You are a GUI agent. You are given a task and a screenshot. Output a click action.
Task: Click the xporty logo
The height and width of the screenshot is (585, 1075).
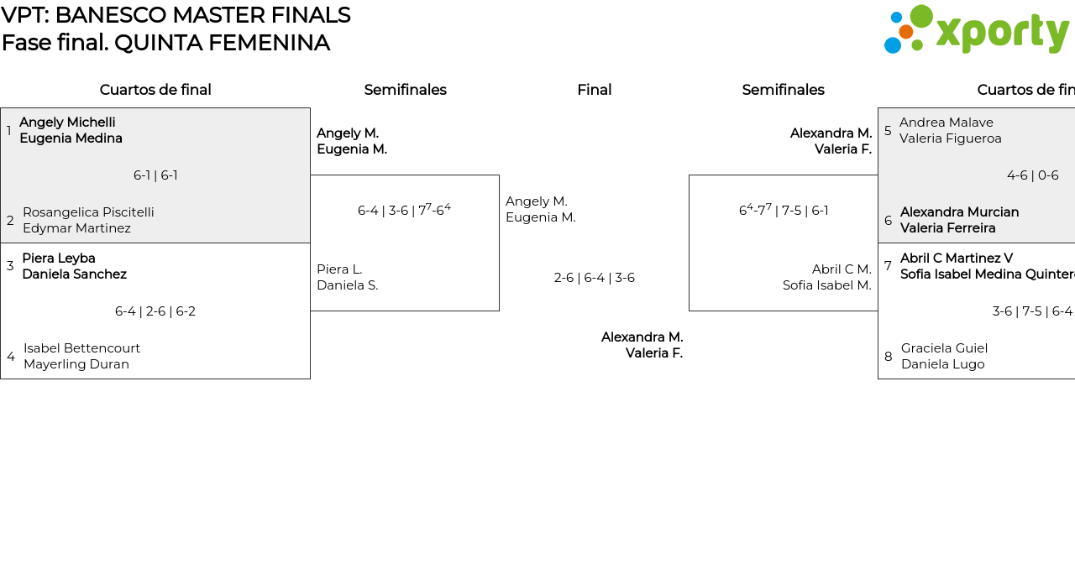[x=976, y=30]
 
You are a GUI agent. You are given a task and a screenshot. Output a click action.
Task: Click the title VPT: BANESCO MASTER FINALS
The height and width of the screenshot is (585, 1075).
[x=176, y=15]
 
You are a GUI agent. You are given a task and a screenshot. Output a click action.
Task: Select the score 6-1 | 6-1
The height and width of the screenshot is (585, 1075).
[x=155, y=175]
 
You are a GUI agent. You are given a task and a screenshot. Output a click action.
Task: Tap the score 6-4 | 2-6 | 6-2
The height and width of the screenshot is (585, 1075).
[x=155, y=311]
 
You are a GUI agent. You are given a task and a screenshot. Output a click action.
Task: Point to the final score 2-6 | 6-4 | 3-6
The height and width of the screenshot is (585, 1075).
[x=594, y=278]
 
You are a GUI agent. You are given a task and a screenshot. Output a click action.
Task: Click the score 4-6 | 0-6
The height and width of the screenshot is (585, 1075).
[x=1032, y=175]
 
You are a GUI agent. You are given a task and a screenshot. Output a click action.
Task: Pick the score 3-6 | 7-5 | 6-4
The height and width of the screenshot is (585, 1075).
[x=1032, y=311]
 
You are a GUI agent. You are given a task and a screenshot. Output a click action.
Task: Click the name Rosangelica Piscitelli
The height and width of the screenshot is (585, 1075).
[x=88, y=212]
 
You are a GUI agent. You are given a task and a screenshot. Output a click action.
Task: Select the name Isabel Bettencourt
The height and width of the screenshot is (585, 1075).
[x=81, y=348]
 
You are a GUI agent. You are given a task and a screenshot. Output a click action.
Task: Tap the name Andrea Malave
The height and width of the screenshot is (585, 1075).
[x=946, y=123]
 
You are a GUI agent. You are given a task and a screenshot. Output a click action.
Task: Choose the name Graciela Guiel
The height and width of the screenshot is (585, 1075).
[x=944, y=348]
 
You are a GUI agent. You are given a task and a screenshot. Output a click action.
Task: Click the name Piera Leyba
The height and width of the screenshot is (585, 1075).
[x=59, y=259]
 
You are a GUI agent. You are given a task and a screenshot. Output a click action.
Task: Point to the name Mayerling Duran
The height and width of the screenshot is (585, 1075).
[x=76, y=364]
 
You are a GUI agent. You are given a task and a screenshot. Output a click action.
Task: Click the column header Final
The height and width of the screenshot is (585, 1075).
[x=594, y=90]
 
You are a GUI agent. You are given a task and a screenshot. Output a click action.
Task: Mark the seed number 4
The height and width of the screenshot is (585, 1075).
[x=11, y=357]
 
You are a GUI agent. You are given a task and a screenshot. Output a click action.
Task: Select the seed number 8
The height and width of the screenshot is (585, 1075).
[x=888, y=357]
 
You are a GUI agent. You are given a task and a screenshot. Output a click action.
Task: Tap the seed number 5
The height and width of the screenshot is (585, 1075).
[x=888, y=131]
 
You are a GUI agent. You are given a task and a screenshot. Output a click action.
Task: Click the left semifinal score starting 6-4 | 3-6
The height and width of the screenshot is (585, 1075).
[x=404, y=210]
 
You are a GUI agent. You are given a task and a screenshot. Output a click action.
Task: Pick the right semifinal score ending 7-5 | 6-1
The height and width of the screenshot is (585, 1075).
[x=784, y=210]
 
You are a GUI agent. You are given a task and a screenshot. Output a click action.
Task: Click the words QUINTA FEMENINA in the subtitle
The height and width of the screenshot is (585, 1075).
[x=222, y=43]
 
